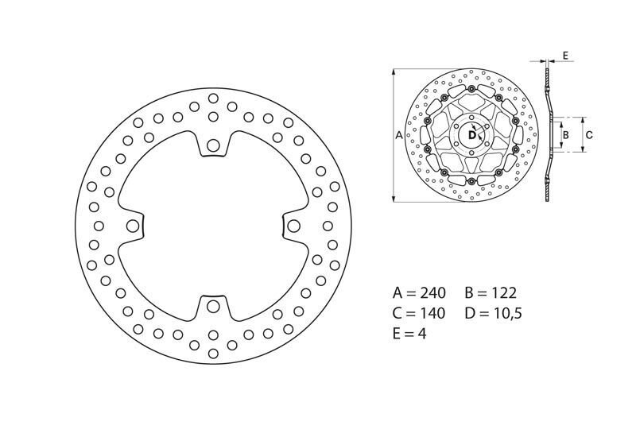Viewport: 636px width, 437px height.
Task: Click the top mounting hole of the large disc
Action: tap(213, 146)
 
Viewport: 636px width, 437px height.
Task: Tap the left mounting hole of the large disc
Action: tap(132, 226)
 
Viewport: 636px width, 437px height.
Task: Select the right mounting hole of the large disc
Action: tap(293, 226)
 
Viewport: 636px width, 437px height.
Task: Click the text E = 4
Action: tap(409, 334)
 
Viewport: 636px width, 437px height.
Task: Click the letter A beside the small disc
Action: tap(399, 136)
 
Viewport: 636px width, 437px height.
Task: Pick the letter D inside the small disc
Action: tap(471, 136)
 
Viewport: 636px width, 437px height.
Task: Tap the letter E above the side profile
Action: tap(564, 55)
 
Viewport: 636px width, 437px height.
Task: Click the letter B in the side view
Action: tap(565, 135)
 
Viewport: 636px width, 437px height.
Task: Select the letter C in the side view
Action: tap(588, 135)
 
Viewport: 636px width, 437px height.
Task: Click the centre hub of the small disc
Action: tap(472, 136)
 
